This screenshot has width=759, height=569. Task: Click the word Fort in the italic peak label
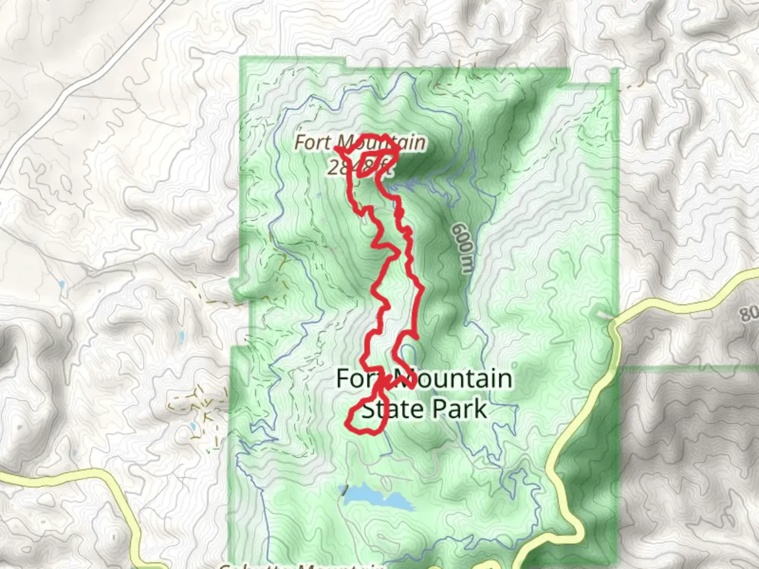(x=313, y=142)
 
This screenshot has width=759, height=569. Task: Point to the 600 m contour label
(x=463, y=248)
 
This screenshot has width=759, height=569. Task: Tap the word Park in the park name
(x=458, y=409)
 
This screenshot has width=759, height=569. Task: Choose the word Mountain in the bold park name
(x=452, y=379)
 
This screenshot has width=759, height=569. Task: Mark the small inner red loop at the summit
(x=368, y=164)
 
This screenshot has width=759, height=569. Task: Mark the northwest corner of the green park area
(x=242, y=58)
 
